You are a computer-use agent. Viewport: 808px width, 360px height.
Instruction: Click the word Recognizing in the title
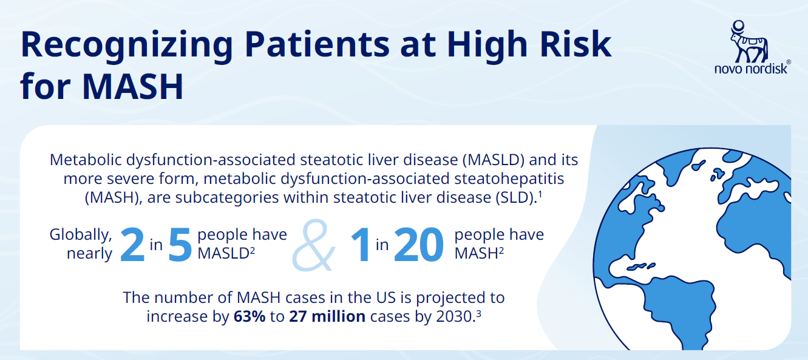127,46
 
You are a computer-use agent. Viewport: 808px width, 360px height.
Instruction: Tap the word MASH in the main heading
133,87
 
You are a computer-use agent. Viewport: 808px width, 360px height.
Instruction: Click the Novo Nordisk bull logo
749,41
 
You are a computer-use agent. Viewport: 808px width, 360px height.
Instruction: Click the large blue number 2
132,245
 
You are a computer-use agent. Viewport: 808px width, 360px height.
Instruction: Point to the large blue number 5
180,245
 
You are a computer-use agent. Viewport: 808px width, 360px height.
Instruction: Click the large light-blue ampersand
313,245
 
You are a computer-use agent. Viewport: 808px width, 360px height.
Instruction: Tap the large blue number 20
418,245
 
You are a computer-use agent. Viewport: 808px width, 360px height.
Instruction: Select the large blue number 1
361,245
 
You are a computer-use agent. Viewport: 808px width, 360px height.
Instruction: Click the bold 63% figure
250,316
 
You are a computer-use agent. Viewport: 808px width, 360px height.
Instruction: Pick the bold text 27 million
327,316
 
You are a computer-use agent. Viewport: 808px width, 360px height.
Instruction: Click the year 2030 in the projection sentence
454,316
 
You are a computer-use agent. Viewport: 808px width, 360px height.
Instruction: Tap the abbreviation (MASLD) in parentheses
494,160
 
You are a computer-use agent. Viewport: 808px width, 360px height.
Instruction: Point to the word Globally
81,235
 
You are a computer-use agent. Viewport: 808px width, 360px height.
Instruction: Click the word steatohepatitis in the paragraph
509,179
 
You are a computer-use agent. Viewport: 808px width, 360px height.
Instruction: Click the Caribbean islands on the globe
641,267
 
